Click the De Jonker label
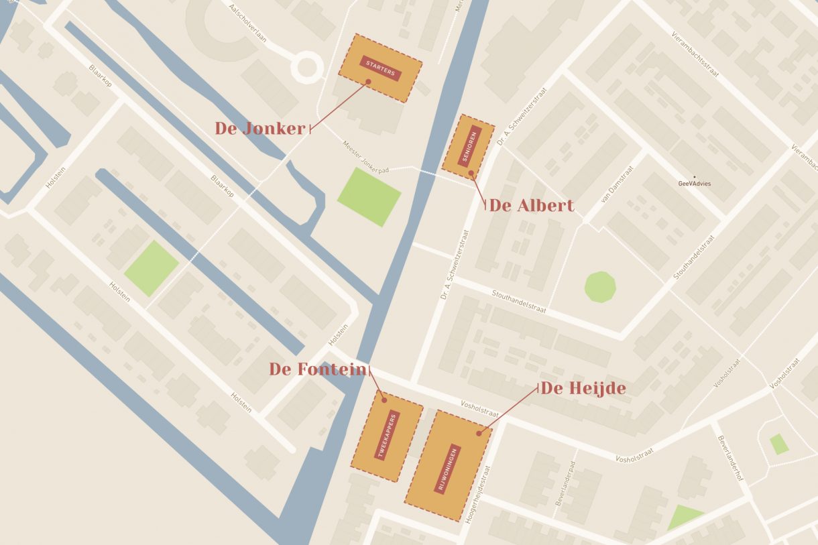pyautogui.click(x=260, y=129)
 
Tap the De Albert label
pyautogui.click(x=532, y=206)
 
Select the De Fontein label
pyautogui.click(x=318, y=369)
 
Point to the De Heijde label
pyautogui.click(x=583, y=389)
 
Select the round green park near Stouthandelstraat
pyautogui.click(x=599, y=287)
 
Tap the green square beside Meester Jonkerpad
pyautogui.click(x=369, y=196)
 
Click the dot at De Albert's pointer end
pyautogui.click(x=471, y=173)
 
